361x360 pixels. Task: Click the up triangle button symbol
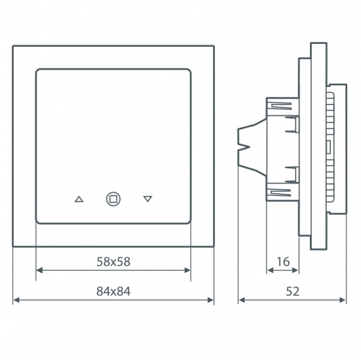point(79,199)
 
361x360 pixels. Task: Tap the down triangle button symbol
point(147,199)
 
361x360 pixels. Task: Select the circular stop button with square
point(113,199)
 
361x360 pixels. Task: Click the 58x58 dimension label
point(113,261)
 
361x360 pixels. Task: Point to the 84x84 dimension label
point(113,291)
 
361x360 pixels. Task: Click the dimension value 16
point(283,261)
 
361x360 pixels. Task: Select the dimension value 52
point(292,291)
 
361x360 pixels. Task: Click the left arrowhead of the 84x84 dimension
point(16,300)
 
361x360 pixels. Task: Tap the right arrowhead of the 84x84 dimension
point(211,300)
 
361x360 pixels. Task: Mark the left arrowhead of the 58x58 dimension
point(39,270)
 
